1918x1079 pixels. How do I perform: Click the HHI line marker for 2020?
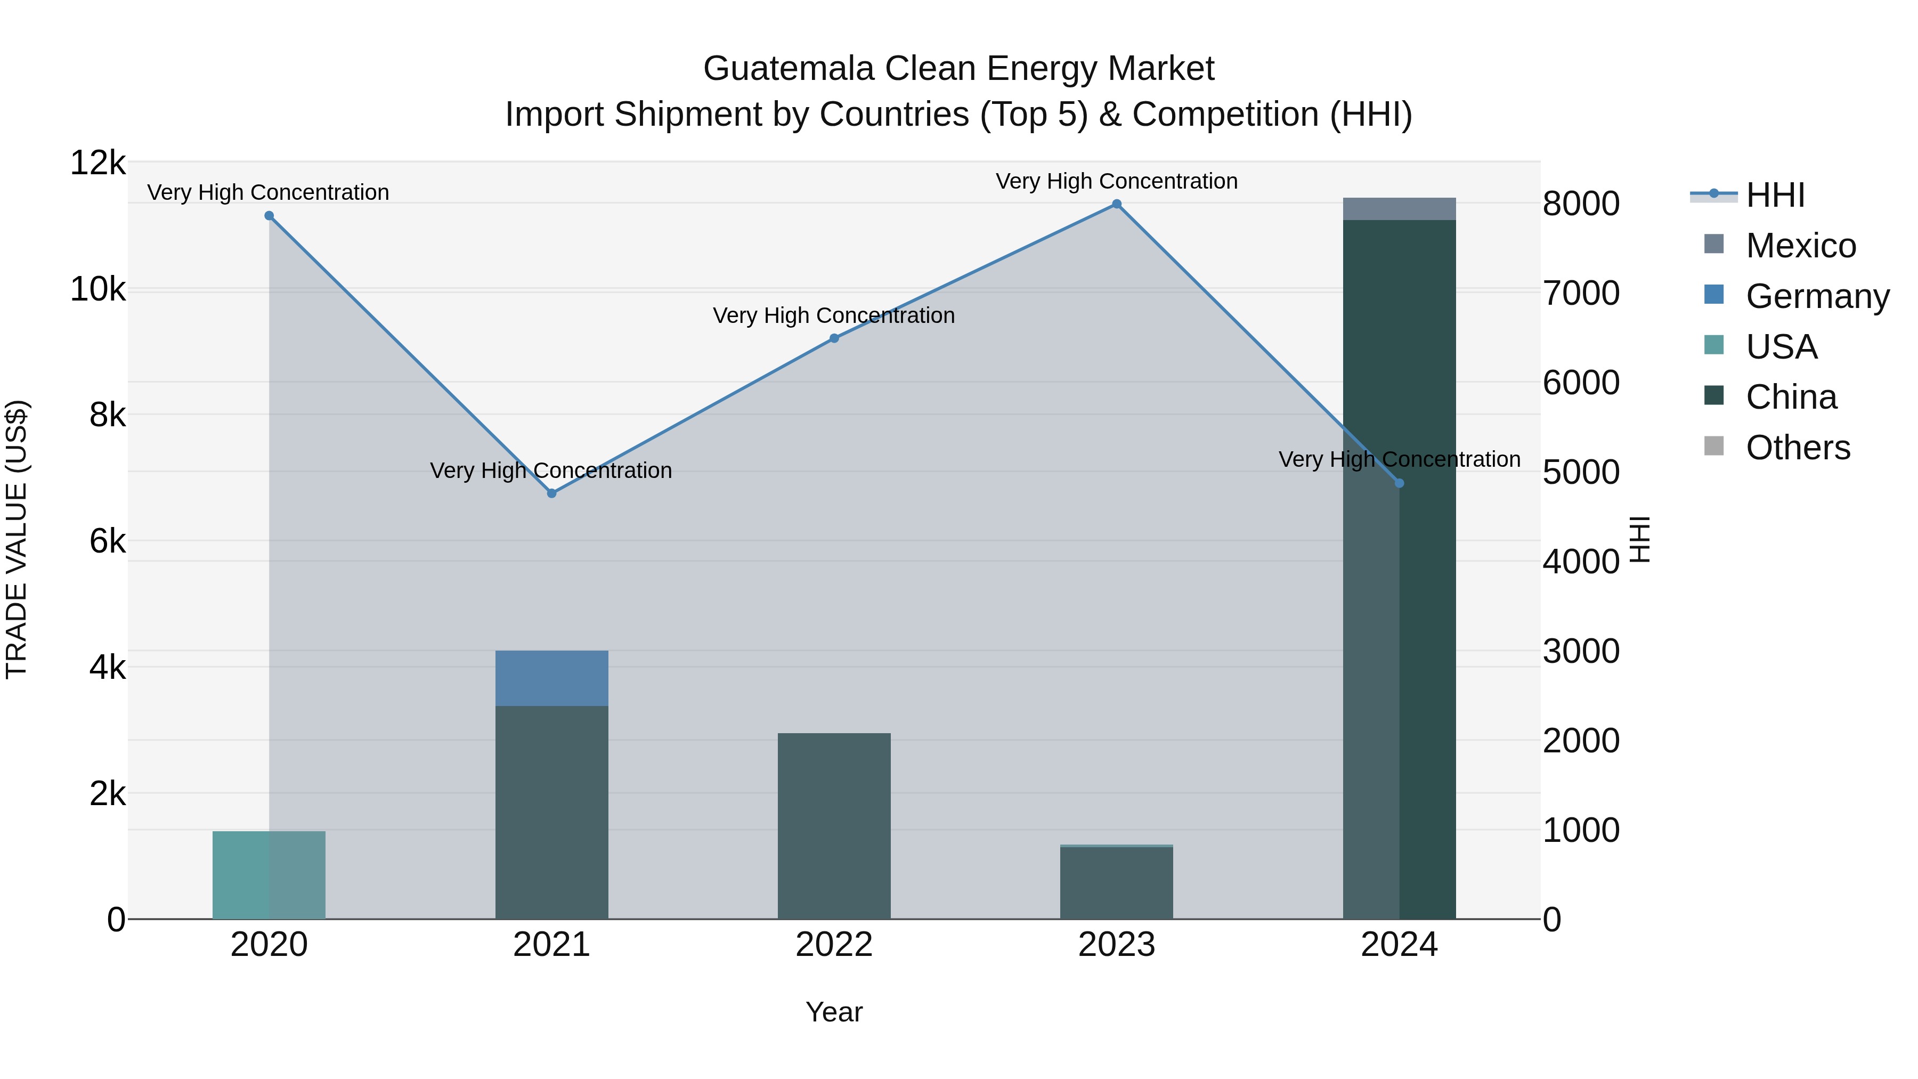pyautogui.click(x=269, y=216)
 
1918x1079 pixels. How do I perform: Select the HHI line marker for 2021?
pyautogui.click(x=552, y=493)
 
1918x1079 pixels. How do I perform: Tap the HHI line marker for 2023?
pyautogui.click(x=1116, y=204)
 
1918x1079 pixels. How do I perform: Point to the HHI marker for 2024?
pyautogui.click(x=1399, y=483)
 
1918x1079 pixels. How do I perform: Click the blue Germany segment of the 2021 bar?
pyautogui.click(x=552, y=678)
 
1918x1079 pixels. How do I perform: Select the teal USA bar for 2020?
pyautogui.click(x=269, y=875)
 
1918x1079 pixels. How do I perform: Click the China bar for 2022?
pyautogui.click(x=834, y=826)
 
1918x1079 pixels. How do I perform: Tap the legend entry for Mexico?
pyautogui.click(x=1800, y=246)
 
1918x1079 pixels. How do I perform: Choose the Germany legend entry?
pyautogui.click(x=1817, y=296)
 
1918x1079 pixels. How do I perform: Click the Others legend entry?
pyautogui.click(x=1798, y=448)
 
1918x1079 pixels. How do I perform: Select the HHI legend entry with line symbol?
pyautogui.click(x=1775, y=195)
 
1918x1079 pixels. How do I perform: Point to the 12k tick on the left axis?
pyautogui.click(x=97, y=163)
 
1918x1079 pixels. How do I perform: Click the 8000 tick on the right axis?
pyautogui.click(x=1581, y=204)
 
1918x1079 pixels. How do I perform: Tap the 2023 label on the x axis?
pyautogui.click(x=1116, y=945)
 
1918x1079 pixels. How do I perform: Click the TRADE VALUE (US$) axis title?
pyautogui.click(x=17, y=539)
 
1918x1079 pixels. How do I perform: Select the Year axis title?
pyautogui.click(x=834, y=1012)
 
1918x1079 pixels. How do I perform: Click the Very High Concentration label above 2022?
pyautogui.click(x=834, y=316)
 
